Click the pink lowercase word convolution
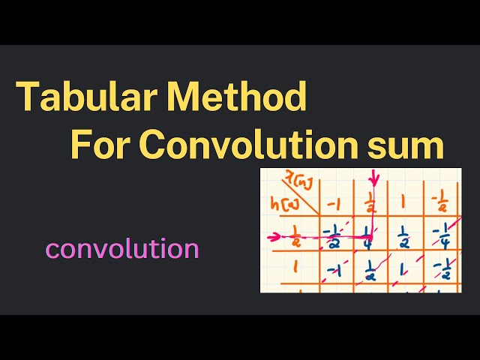point(122,248)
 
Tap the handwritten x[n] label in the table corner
point(283,178)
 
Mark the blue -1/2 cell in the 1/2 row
point(331,238)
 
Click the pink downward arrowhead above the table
point(374,181)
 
